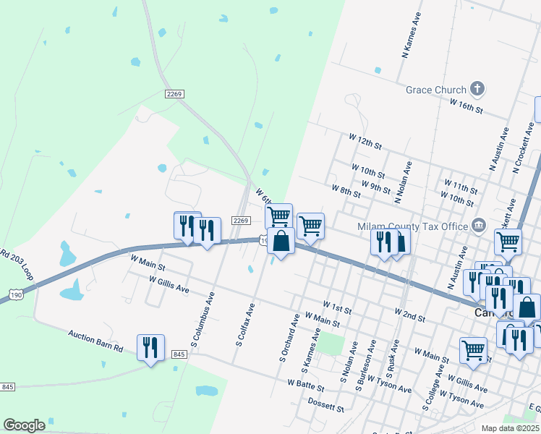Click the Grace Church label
click(435, 90)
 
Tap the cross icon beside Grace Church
click(477, 89)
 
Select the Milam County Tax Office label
click(413, 226)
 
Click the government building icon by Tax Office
click(478, 226)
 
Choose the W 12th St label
click(365, 140)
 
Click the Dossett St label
click(326, 404)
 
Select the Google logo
click(24, 425)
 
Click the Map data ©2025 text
click(510, 428)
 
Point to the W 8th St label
click(346, 190)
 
